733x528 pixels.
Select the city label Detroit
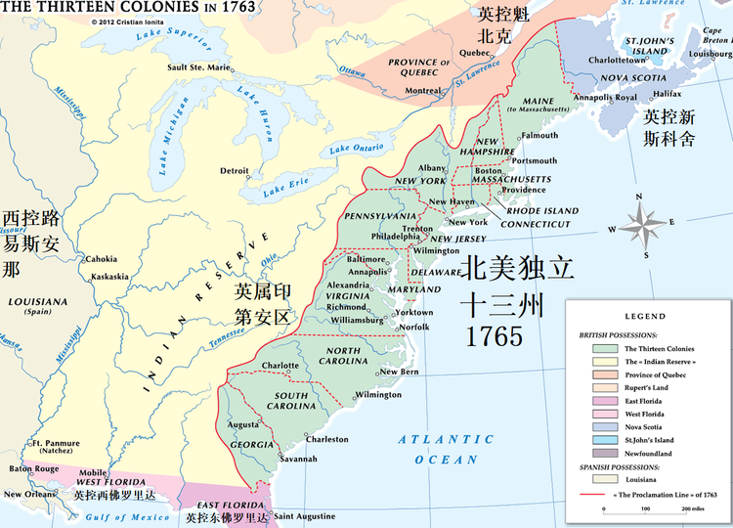pyautogui.click(x=234, y=170)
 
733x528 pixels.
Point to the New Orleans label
pyautogui.click(x=28, y=494)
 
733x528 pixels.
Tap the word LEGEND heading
pyautogui.click(x=645, y=317)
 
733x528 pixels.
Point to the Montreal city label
pyautogui.click(x=423, y=90)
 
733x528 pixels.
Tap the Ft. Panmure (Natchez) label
pyautogui.click(x=56, y=448)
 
